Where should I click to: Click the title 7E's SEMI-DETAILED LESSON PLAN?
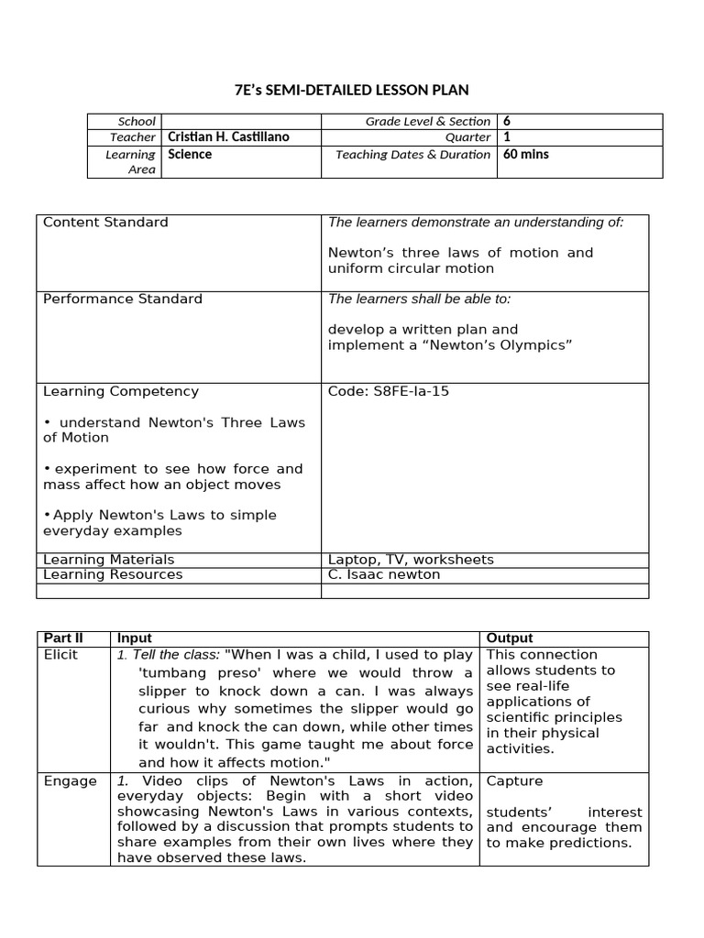coord(352,89)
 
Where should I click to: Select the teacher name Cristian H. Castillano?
coord(228,137)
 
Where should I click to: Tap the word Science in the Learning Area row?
coord(190,154)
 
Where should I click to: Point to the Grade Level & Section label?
coord(428,121)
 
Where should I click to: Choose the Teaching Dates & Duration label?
coord(412,154)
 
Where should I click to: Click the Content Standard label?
coord(105,223)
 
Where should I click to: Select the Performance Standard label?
coord(123,299)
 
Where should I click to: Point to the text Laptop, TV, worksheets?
coord(411,559)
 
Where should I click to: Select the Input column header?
coord(134,638)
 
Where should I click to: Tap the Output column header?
coord(509,638)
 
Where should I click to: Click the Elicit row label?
coord(60,654)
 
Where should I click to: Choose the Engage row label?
coord(70,781)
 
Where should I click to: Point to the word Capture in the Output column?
coord(514,781)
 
